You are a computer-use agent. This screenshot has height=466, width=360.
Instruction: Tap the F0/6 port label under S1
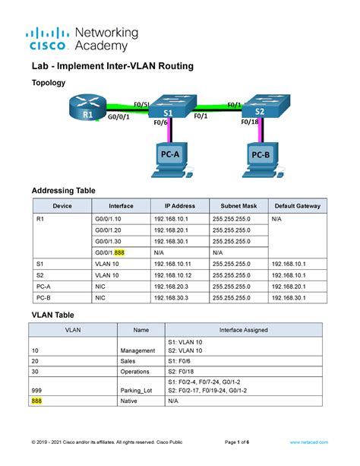tap(160, 122)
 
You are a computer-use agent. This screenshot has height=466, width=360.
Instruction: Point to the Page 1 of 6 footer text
tap(241, 442)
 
